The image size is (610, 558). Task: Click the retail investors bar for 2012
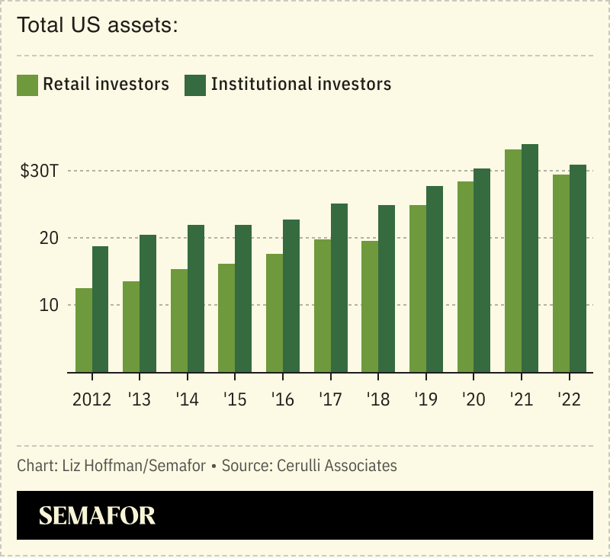coord(84,330)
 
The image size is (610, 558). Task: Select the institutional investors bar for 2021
coord(530,258)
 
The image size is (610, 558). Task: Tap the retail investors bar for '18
coord(370,306)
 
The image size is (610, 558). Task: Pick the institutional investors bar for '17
coord(339,287)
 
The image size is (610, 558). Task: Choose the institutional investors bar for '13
coord(148,303)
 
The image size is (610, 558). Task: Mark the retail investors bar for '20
coord(465,277)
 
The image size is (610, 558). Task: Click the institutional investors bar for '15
coord(243,298)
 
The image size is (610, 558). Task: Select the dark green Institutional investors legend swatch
coord(195,85)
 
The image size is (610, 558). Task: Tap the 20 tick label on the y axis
coord(49,238)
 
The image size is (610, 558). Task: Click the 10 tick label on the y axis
coord(49,305)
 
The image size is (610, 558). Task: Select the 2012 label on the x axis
coord(91,400)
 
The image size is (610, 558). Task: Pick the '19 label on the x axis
coord(426,400)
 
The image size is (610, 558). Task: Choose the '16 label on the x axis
coord(283,400)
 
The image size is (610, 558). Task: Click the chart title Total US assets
coord(97,26)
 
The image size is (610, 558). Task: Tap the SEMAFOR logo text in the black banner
coord(97,516)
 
